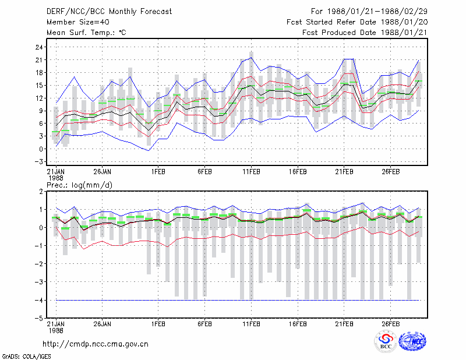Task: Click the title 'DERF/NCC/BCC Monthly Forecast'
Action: click(109, 12)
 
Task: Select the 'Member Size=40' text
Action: click(78, 22)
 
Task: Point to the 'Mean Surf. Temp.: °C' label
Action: click(86, 33)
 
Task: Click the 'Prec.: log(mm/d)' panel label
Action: click(79, 185)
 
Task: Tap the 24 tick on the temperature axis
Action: click(39, 47)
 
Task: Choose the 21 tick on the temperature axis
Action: click(39, 60)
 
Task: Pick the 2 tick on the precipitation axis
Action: click(41, 192)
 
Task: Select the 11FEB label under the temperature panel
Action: click(252, 172)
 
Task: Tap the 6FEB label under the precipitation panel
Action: click(205, 324)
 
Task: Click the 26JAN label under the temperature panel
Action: click(103, 172)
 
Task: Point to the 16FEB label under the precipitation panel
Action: click(298, 324)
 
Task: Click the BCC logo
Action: click(386, 341)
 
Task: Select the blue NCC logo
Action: click(412, 341)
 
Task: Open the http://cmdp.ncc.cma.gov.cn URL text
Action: click(96, 344)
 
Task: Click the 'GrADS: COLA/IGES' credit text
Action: click(27, 357)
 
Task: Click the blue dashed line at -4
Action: click(238, 300)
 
